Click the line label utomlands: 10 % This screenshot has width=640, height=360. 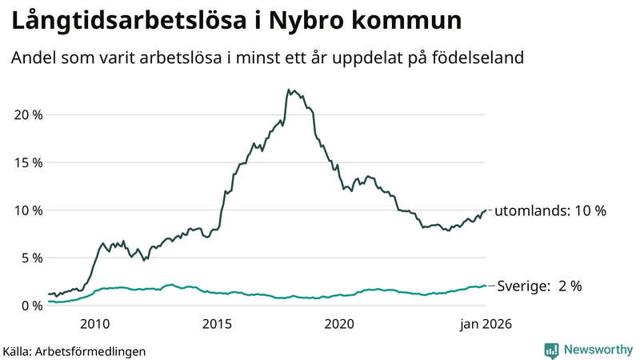(550, 211)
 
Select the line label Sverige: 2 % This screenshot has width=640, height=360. (540, 286)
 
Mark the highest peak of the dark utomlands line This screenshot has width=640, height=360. (288, 90)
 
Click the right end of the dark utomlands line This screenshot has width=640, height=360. (486, 210)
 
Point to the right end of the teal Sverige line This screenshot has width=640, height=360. (486, 286)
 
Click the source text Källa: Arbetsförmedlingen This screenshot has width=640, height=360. (74, 350)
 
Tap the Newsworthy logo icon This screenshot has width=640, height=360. (551, 350)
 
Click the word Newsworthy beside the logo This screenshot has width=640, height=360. (597, 350)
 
